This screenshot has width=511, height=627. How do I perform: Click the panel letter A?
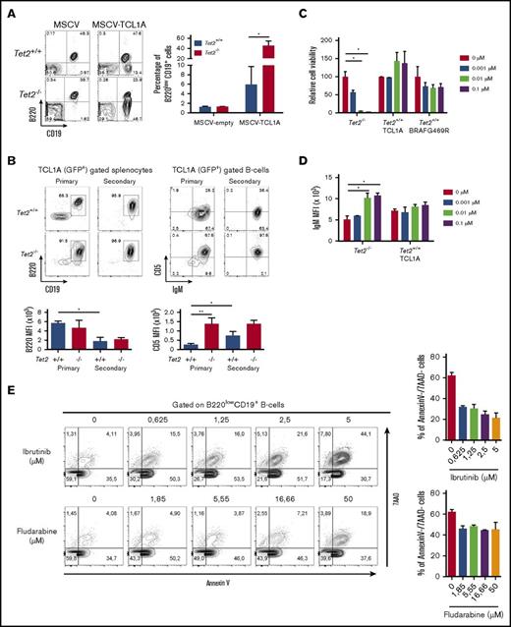point(9,9)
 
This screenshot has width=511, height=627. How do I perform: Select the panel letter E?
point(9,385)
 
